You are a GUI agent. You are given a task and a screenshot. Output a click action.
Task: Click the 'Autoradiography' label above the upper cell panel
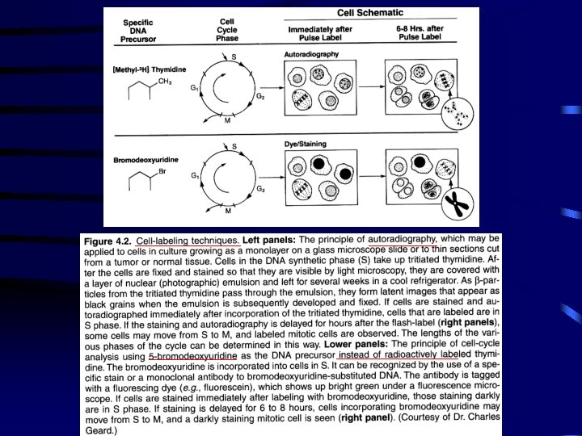312,54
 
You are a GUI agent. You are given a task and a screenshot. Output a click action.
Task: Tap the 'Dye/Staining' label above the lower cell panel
305,144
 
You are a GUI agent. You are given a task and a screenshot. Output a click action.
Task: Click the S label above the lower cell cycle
234,146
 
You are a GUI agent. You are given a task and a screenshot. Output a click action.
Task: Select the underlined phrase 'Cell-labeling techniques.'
188,241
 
